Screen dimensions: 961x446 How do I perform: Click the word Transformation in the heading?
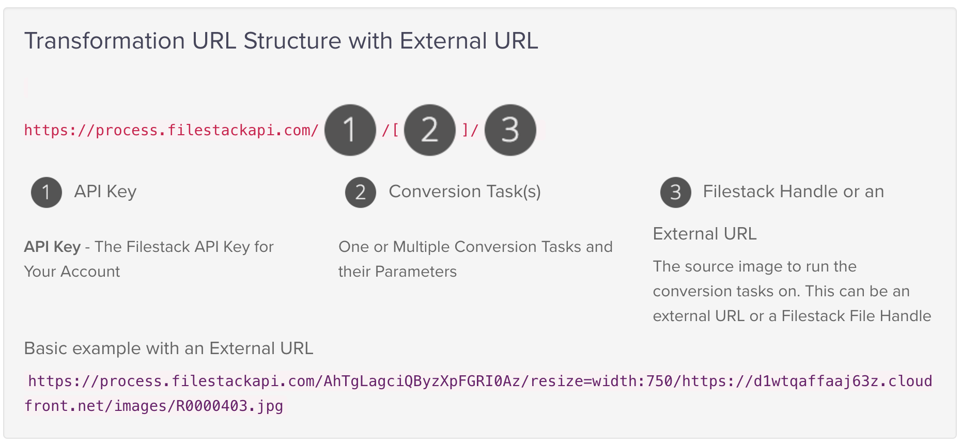[104, 40]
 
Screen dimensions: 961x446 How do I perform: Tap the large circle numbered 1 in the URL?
[350, 130]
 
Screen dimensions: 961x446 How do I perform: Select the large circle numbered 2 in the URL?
[430, 130]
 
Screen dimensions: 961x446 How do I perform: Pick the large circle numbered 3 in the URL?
[510, 130]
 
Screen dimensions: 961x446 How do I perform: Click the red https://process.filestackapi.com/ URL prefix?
[172, 130]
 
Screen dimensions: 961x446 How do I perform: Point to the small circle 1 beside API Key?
[47, 193]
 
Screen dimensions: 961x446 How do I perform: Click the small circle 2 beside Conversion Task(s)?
[361, 193]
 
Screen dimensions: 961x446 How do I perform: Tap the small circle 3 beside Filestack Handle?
[676, 193]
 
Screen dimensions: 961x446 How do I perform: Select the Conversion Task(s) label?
[465, 192]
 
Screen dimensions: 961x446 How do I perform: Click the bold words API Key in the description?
[52, 247]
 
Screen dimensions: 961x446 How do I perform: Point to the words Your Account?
[72, 272]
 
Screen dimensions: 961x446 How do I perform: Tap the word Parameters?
[416, 272]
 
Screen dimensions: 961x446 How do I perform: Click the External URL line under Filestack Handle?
[705, 234]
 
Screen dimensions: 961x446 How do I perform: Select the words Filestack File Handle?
[857, 316]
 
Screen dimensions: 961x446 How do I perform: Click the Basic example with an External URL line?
[169, 348]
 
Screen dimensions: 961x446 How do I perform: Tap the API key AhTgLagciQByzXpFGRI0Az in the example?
[422, 381]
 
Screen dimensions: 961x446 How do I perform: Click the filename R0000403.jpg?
[229, 406]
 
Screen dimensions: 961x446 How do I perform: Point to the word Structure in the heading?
[292, 40]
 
